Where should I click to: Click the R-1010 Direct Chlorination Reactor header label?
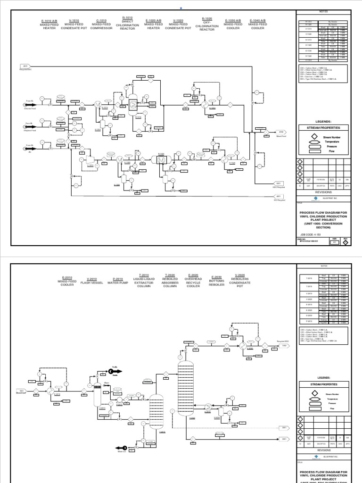pos(127,24)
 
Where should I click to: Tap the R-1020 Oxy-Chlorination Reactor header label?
pos(207,24)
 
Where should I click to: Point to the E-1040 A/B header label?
pos(258,25)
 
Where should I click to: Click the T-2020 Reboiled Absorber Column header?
pos(170,281)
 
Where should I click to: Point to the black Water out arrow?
pos(124,448)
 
